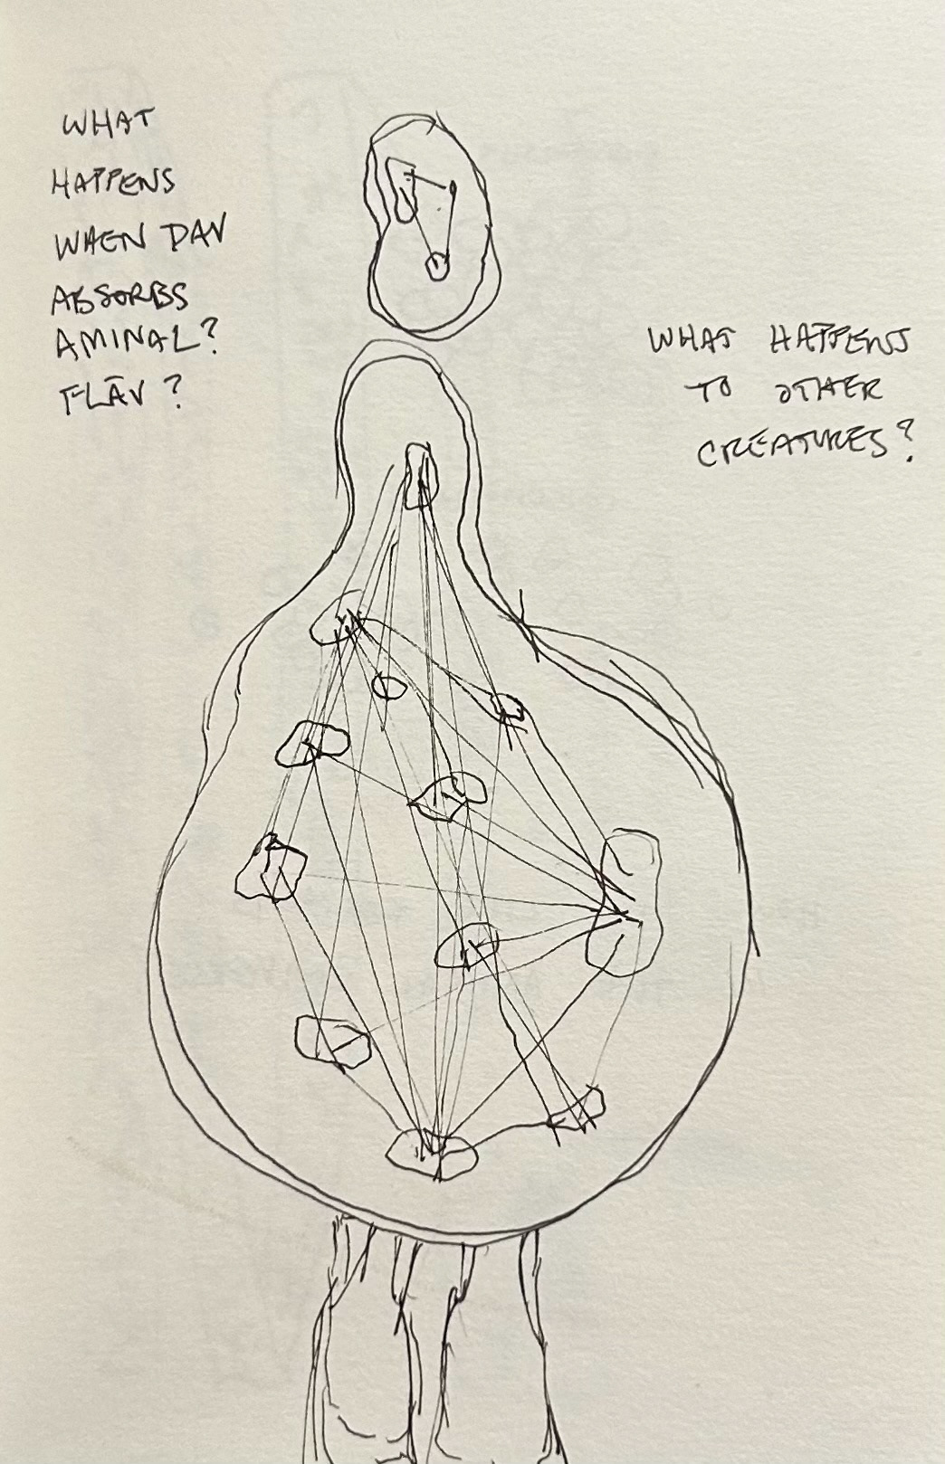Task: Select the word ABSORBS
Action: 119,299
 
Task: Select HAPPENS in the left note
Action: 112,183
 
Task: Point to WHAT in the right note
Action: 692,342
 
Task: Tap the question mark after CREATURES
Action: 900,447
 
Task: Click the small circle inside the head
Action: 438,266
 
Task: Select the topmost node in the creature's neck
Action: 420,475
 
